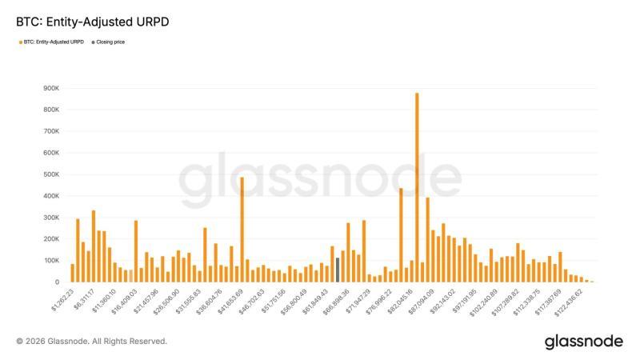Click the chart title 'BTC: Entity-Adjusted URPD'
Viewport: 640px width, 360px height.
point(92,22)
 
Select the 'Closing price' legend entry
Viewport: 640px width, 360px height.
point(110,42)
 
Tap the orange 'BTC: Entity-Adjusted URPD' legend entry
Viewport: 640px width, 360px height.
point(52,42)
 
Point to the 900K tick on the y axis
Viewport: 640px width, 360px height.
point(52,88)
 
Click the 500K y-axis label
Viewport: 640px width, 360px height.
point(52,174)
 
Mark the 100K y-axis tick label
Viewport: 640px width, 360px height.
point(52,261)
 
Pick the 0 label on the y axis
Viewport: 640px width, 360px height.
point(57,282)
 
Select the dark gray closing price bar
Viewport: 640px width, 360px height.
point(338,270)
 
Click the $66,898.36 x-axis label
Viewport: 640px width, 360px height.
point(335,299)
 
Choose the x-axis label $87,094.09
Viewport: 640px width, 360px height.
point(421,299)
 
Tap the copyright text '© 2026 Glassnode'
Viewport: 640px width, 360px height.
point(92,341)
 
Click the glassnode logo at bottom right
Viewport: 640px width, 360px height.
point(583,342)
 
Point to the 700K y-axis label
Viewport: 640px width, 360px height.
point(52,131)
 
